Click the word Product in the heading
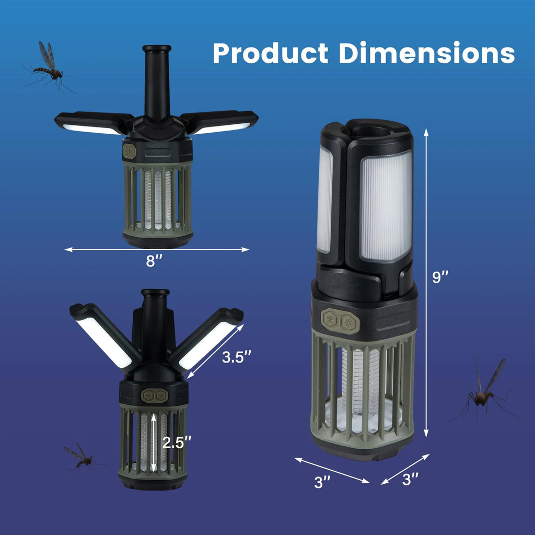(271, 53)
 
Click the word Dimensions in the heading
(426, 53)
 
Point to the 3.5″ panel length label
(237, 357)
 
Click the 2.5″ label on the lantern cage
(177, 443)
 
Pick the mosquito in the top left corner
(48, 67)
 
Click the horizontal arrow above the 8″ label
(157, 250)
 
